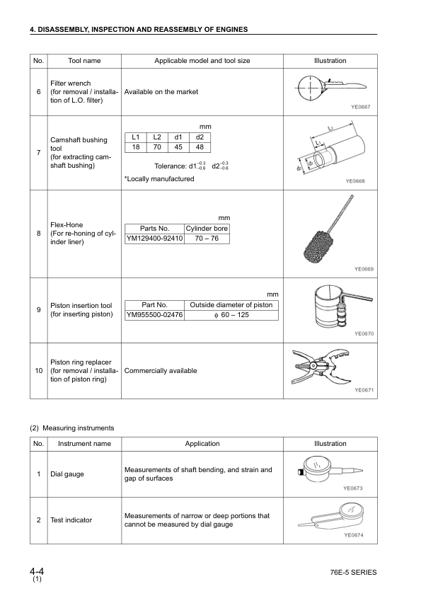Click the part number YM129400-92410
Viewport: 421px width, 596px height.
pos(154,239)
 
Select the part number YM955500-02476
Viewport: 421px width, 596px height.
pos(154,315)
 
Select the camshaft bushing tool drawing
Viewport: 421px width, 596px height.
pos(330,154)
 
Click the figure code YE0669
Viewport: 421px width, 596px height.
pos(364,269)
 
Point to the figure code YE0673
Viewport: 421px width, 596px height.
pos(352,488)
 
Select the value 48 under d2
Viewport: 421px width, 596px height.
pos(200,147)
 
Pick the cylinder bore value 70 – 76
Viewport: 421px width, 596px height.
pos(207,239)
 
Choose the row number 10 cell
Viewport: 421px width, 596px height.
pos(38,371)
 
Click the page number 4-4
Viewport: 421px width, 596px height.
pos(38,571)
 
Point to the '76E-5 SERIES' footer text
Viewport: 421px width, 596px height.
pos(353,572)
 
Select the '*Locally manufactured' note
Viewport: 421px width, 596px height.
pos(158,179)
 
